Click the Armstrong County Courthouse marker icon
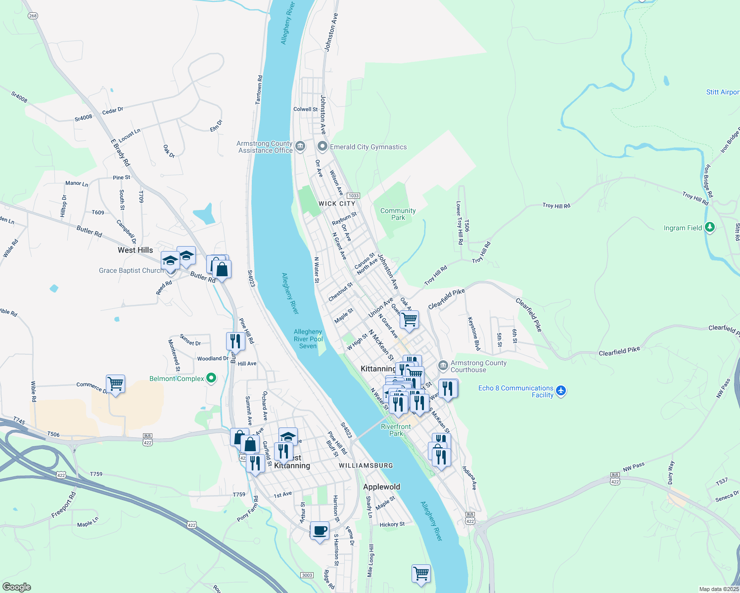tap(443, 366)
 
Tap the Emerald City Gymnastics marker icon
tap(323, 146)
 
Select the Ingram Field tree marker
tap(710, 227)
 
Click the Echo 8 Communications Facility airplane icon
tap(560, 391)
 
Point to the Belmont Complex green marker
tap(211, 379)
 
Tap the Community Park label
tap(398, 214)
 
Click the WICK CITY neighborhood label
tap(337, 204)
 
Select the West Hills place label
tap(135, 250)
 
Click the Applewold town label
tap(381, 487)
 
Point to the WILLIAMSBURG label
tap(366, 466)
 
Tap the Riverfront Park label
tap(396, 430)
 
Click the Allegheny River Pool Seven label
tap(308, 339)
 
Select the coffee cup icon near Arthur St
tap(320, 531)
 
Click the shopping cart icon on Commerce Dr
tap(115, 383)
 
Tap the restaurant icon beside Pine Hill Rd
tap(235, 341)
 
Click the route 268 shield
tap(33, 16)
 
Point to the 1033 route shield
tap(353, 196)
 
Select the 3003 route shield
tap(307, 575)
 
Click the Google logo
tap(17, 587)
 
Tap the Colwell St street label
tap(305, 109)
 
